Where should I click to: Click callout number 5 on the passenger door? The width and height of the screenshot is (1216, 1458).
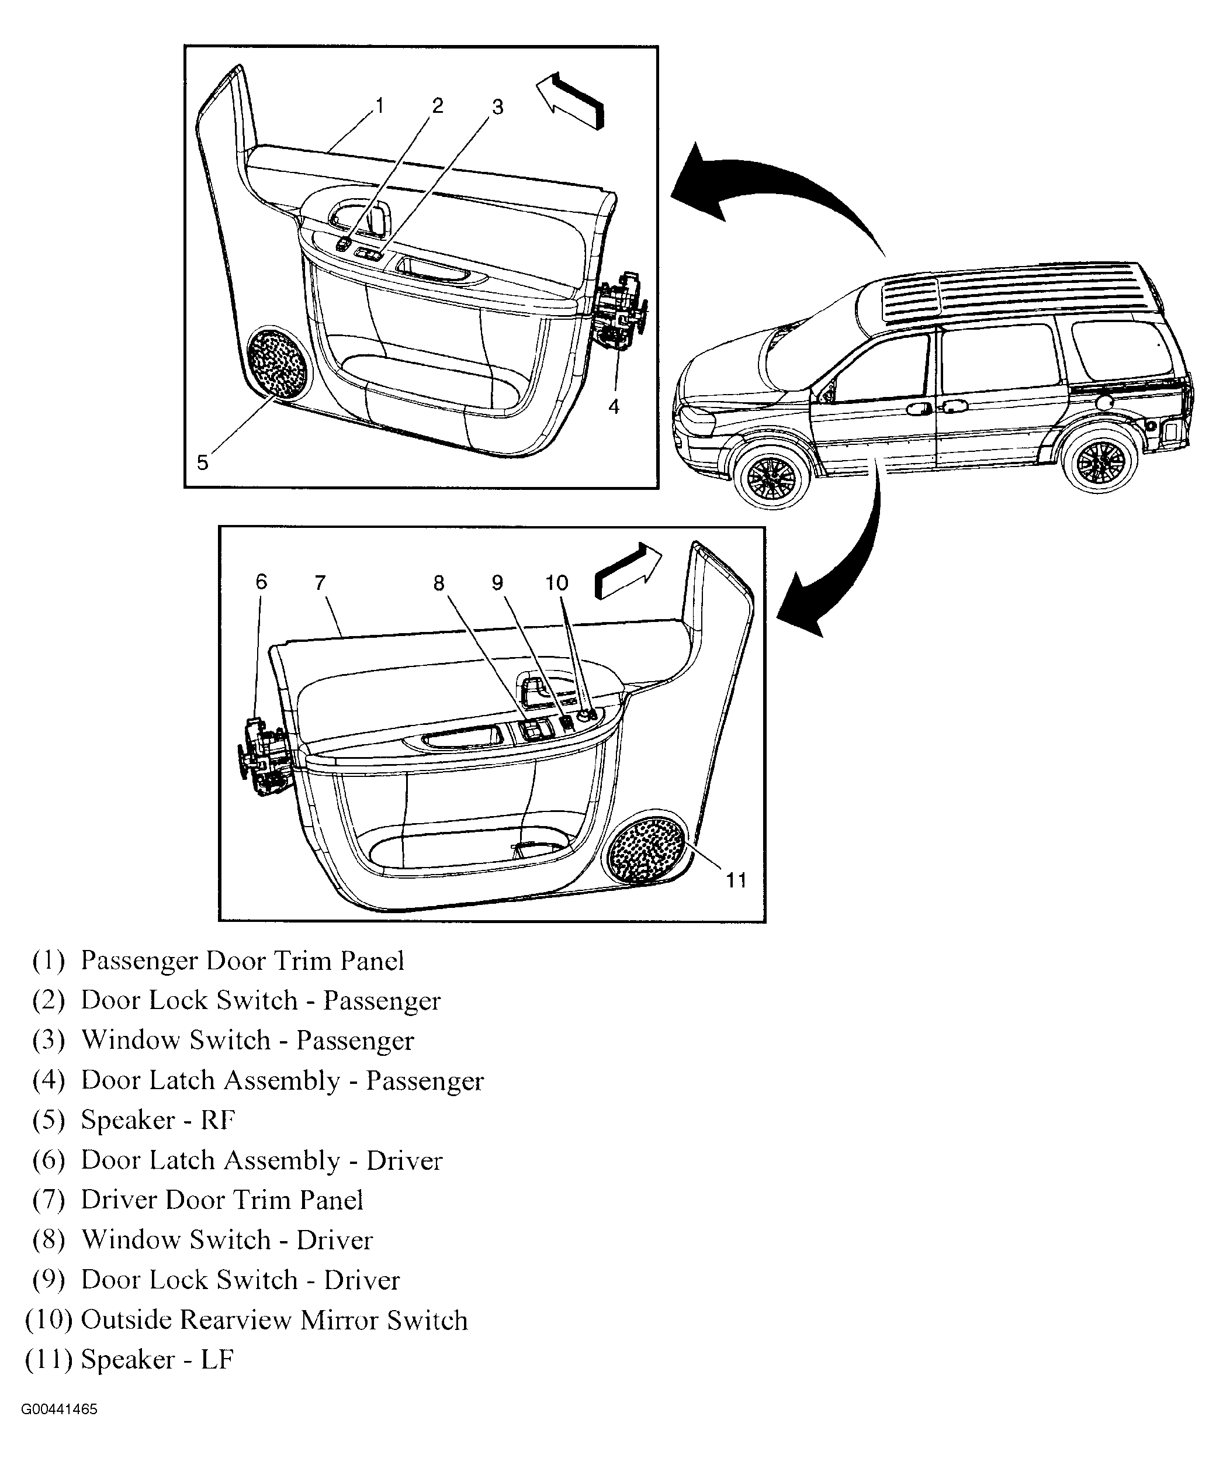tap(202, 462)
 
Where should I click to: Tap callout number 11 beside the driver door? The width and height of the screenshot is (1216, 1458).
tap(736, 880)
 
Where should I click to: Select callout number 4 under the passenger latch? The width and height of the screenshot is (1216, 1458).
tap(614, 407)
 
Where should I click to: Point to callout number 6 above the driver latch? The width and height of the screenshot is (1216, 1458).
tap(261, 582)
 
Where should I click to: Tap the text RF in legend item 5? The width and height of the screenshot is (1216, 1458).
tap(218, 1121)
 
